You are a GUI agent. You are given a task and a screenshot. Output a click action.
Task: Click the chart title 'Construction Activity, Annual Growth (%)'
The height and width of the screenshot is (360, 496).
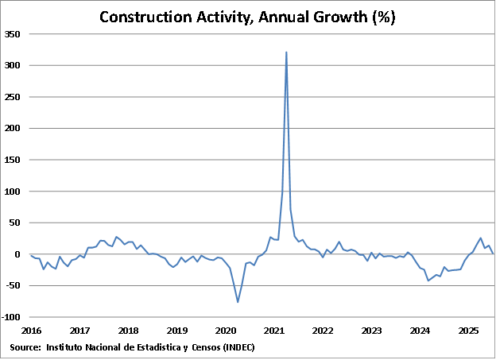[x=247, y=17]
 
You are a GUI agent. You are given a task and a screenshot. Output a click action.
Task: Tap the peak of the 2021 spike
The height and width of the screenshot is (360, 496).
[x=286, y=52]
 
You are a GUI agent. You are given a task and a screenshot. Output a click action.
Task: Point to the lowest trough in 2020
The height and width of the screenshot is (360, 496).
[x=238, y=302]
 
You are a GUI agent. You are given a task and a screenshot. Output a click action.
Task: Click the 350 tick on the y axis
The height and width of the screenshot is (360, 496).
[x=13, y=34]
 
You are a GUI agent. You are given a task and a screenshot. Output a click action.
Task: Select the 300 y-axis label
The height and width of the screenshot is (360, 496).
[x=13, y=66]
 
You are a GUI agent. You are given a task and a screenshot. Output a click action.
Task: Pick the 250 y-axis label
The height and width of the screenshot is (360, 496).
[x=13, y=97]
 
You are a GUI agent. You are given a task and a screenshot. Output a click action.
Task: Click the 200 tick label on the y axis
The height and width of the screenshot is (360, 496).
[x=13, y=129]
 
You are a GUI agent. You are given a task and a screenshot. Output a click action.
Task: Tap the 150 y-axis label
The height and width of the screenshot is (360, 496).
[x=13, y=160]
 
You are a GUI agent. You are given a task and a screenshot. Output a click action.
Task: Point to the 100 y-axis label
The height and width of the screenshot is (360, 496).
[x=13, y=192]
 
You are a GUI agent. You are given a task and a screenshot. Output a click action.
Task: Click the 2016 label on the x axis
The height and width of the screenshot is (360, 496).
[x=31, y=331]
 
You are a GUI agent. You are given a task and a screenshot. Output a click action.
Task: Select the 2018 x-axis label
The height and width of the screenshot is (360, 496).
[x=128, y=331]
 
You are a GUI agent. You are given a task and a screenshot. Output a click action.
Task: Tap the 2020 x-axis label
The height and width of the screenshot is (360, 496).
[x=226, y=331]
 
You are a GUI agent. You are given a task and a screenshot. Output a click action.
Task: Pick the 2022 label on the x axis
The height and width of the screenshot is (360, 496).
[x=323, y=331]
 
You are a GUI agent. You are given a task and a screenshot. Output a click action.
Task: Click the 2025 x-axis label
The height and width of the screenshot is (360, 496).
[x=468, y=331]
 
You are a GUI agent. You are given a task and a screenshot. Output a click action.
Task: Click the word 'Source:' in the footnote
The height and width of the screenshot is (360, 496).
[x=25, y=347]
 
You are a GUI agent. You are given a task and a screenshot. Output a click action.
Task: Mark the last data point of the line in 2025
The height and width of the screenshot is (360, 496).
[x=493, y=254]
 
